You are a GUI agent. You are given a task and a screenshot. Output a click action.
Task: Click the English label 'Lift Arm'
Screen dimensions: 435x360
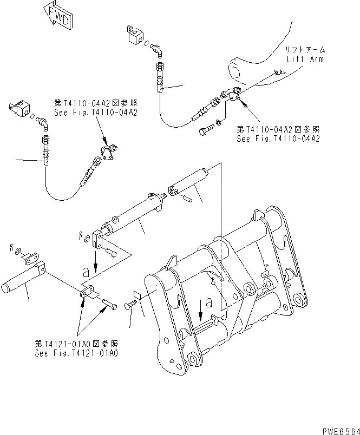(305, 59)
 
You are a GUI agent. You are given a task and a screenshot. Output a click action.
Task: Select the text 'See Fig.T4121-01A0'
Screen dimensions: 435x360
(76, 353)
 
